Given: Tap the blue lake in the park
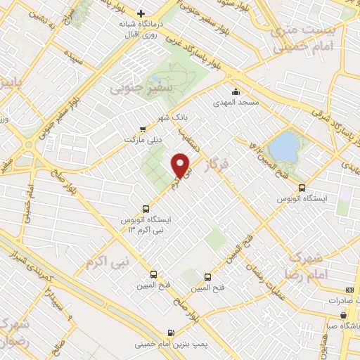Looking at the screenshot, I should [285, 147].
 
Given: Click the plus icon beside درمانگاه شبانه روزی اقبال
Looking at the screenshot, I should [141, 13].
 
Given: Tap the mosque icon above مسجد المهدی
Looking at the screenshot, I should [236, 91].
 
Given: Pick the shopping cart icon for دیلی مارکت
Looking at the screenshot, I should [143, 129].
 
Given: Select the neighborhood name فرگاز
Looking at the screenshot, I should [219, 167].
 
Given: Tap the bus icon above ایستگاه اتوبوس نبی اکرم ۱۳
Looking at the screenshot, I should [146, 208].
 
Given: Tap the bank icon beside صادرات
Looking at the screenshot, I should [350, 290].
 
